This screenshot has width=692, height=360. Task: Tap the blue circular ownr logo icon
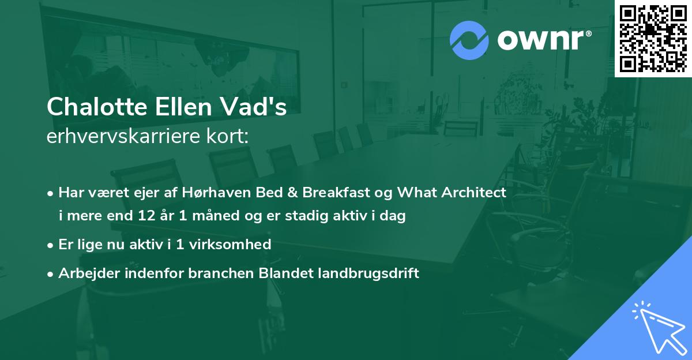point(469,40)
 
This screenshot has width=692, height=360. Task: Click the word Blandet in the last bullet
point(285,273)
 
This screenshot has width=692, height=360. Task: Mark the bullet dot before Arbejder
point(51,274)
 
